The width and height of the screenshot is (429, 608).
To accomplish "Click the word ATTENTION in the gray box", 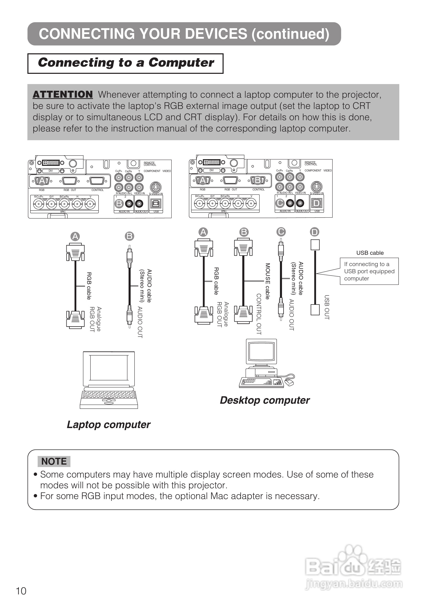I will point(62,94).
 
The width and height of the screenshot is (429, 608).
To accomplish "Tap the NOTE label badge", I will point(54,461).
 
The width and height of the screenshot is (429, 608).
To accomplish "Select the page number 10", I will point(21,591).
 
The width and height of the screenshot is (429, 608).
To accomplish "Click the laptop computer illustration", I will point(109,380).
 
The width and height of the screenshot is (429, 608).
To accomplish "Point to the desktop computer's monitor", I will point(261,352).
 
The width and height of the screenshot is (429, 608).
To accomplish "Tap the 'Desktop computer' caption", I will point(265,400).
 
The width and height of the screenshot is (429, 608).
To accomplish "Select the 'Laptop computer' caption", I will point(109,424).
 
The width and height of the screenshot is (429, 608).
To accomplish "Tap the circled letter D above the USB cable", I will point(315,232).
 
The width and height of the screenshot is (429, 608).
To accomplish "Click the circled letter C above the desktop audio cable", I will point(281,232).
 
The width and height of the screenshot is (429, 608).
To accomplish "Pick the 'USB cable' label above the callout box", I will point(370,253).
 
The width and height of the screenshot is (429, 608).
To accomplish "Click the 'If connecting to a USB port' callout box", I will point(369,271).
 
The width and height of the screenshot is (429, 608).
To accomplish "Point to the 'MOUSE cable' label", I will point(268,281).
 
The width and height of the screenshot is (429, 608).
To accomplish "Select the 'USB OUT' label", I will point(327,307).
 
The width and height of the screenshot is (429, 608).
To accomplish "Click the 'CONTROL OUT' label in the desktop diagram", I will point(259,314).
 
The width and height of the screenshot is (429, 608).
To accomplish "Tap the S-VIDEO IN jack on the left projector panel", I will point(156,187).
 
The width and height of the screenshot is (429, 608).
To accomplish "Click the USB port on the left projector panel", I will point(156,204).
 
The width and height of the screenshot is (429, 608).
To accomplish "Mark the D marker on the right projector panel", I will point(317,203).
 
